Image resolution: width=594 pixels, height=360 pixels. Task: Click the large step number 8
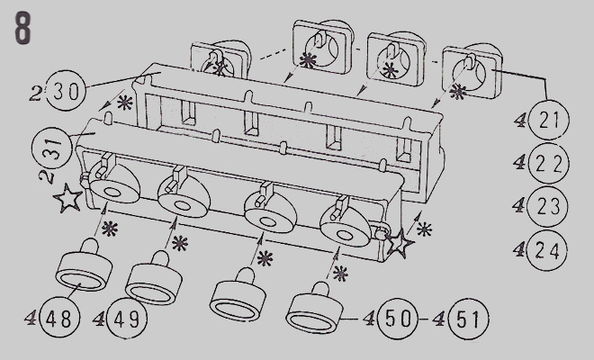pos(22,28)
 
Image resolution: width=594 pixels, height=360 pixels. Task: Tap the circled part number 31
pos(52,148)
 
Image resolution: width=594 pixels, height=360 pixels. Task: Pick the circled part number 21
pos(549,120)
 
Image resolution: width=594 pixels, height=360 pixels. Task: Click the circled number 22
pos(549,164)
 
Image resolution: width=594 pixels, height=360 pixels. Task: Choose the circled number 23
pos(548,206)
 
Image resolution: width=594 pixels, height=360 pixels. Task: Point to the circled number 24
pos(547,249)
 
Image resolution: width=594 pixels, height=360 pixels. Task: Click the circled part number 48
pos(58,319)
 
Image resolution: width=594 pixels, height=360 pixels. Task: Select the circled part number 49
pos(127,319)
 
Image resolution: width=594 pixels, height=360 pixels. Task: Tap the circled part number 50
pos(398,319)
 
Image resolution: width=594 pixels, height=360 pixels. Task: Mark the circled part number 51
pos(467,319)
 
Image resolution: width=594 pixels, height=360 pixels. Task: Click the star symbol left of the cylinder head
pos(68,198)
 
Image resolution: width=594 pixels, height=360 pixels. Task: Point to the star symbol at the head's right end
pos(400,243)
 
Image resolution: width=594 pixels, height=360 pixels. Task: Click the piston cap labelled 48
pos(84,266)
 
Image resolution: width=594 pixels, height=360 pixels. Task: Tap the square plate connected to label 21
pos(472,72)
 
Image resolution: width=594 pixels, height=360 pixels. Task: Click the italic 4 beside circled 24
pos(519,249)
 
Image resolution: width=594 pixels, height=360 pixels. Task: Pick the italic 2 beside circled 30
pos(36,94)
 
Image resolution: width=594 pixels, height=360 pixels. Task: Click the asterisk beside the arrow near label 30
pos(124,103)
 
